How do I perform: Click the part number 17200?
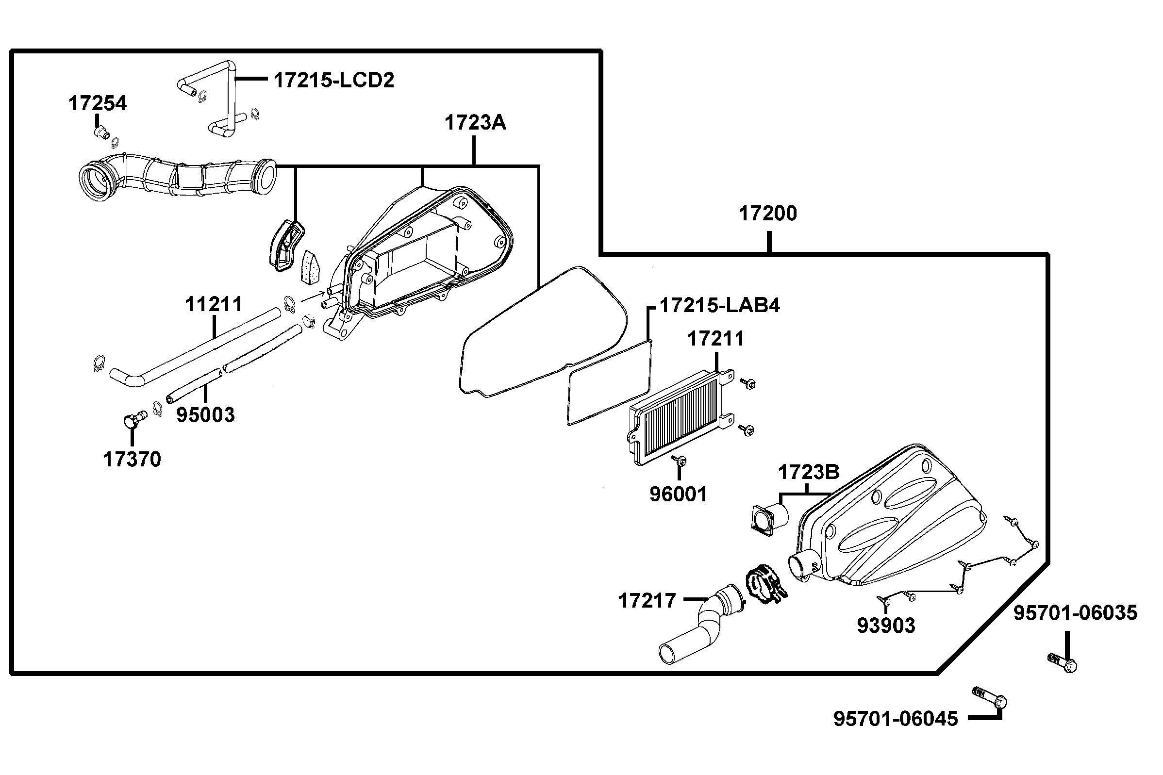pos(767,214)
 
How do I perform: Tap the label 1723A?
pos(475,123)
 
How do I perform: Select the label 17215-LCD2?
pos(334,80)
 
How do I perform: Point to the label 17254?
pos(98,103)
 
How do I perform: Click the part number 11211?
pos(214,304)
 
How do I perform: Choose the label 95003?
pos(206,415)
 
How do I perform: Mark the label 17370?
pos(132,460)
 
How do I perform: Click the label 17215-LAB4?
pos(720,305)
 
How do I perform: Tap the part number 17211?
pos(715,339)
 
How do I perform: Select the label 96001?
pos(678,494)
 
